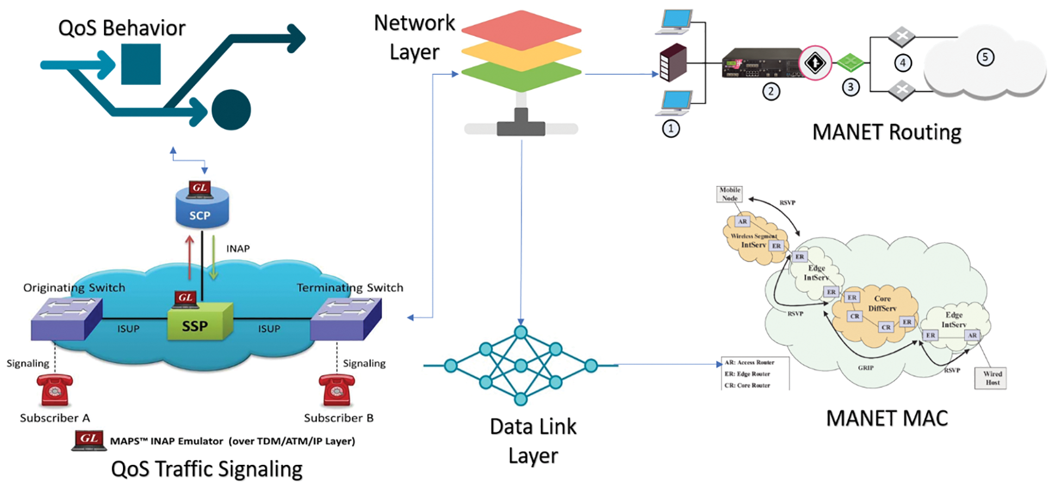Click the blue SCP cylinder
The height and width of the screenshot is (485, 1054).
(x=202, y=209)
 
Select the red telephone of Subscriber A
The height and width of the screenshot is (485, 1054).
(x=54, y=390)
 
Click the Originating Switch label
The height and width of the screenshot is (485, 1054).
(x=74, y=287)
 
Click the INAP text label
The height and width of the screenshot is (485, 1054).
(x=238, y=249)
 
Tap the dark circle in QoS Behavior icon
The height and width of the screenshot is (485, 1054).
(x=231, y=110)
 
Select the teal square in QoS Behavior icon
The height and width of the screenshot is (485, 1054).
(x=141, y=64)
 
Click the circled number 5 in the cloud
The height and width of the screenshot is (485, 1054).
(x=985, y=57)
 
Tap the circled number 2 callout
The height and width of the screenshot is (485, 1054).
(x=771, y=91)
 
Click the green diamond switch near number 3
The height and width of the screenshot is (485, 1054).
(x=850, y=62)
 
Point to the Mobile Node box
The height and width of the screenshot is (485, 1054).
(x=729, y=194)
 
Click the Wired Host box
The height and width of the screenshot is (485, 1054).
(x=991, y=377)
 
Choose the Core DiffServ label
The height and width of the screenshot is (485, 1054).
(x=882, y=303)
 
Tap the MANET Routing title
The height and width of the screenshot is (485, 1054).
(x=886, y=132)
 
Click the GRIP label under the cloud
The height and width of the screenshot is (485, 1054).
(x=865, y=368)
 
